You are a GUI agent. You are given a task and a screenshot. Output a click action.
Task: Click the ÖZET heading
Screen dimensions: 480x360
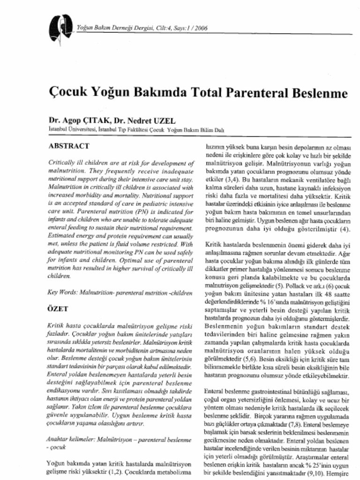(59, 309)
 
